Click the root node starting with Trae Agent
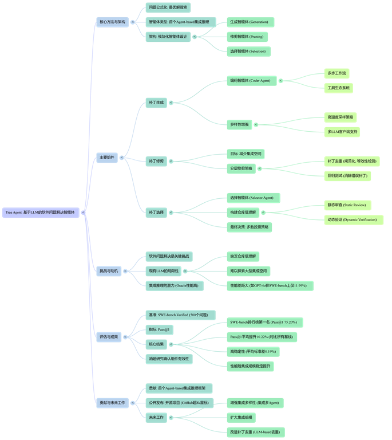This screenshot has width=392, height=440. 41,212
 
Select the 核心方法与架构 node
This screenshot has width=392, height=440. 112,22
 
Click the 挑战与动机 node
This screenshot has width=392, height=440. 108,270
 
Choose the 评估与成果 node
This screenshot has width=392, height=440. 108,337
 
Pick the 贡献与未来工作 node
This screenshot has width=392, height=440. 112,403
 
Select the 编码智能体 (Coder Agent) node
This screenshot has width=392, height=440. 251,81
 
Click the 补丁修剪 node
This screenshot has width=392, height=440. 156,162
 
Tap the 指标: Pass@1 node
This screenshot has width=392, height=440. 160,329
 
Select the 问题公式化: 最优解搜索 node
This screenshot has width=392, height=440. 168,7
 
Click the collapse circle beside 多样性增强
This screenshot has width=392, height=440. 255,124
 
